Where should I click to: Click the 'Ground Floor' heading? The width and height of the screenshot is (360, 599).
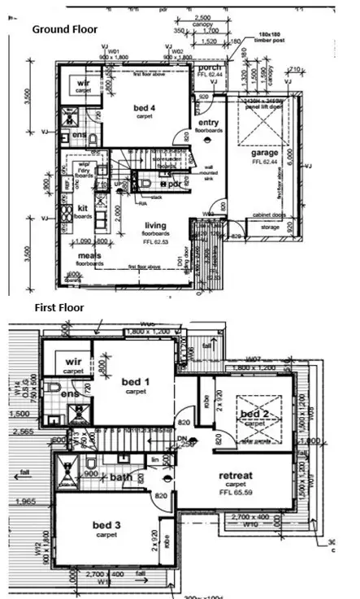64,29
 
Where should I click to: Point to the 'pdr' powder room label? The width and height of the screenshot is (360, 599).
173,184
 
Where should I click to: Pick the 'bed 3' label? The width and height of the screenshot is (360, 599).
107,527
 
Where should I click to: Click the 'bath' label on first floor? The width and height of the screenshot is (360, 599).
122,477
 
